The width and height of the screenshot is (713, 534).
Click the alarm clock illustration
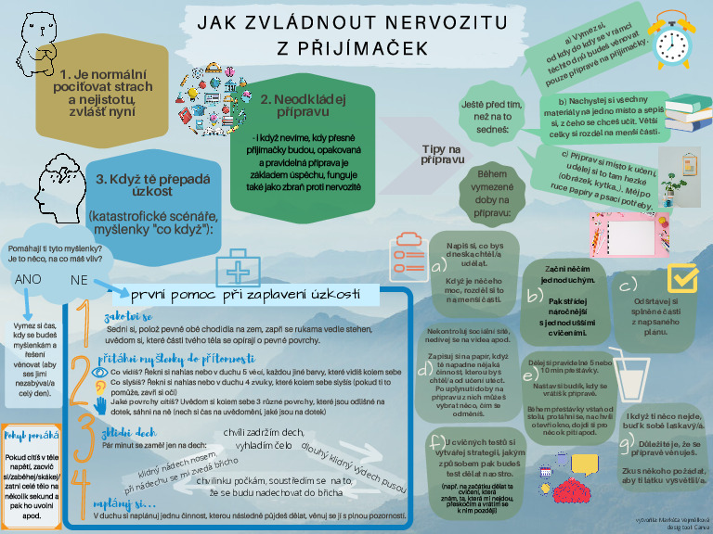670,38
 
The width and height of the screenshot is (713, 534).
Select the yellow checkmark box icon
683,277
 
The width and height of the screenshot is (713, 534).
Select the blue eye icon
100,374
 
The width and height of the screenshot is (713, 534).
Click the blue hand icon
100,403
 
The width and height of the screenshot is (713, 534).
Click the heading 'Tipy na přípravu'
442,154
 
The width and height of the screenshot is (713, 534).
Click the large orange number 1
83,320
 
